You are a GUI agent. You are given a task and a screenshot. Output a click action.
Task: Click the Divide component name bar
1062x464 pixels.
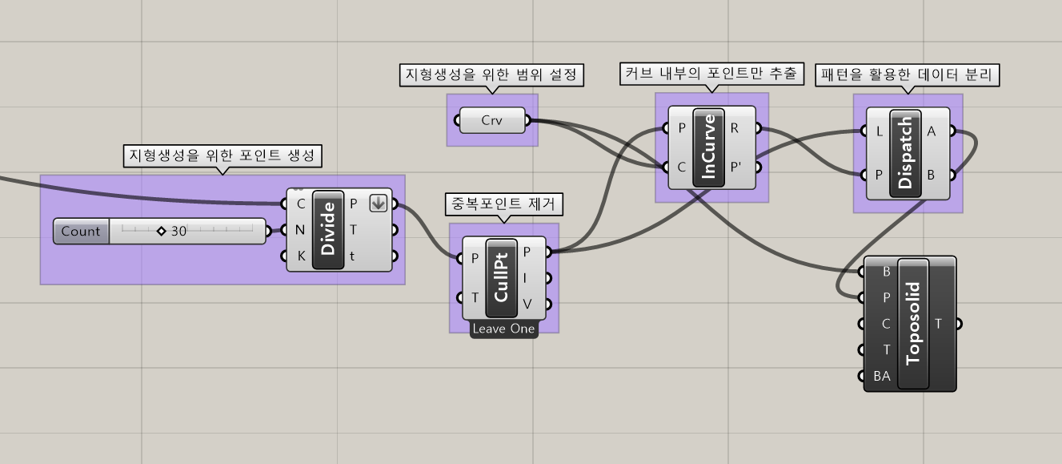[x=328, y=230]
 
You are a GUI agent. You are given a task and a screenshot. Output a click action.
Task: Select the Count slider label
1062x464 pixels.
[x=81, y=231]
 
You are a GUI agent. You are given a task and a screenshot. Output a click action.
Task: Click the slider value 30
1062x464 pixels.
[x=178, y=231]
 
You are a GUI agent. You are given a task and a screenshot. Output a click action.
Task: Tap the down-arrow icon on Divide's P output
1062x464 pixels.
[x=378, y=204]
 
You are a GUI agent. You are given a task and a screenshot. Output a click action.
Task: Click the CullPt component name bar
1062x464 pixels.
[x=502, y=277]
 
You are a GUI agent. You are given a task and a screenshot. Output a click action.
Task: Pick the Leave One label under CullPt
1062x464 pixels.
[x=503, y=329]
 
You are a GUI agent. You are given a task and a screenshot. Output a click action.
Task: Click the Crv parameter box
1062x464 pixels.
[x=491, y=121]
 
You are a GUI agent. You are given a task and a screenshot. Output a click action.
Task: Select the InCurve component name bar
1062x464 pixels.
[x=708, y=147]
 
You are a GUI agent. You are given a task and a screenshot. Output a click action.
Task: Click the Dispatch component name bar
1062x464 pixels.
[x=906, y=153]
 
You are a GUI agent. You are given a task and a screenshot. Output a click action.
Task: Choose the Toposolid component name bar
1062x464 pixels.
[x=913, y=324]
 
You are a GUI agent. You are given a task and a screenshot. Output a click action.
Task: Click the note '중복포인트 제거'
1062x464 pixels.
[x=503, y=205]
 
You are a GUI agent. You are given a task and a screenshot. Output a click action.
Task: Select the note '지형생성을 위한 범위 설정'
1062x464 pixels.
[x=491, y=75]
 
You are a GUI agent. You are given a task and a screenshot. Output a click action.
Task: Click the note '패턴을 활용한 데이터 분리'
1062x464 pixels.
[x=908, y=75]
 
